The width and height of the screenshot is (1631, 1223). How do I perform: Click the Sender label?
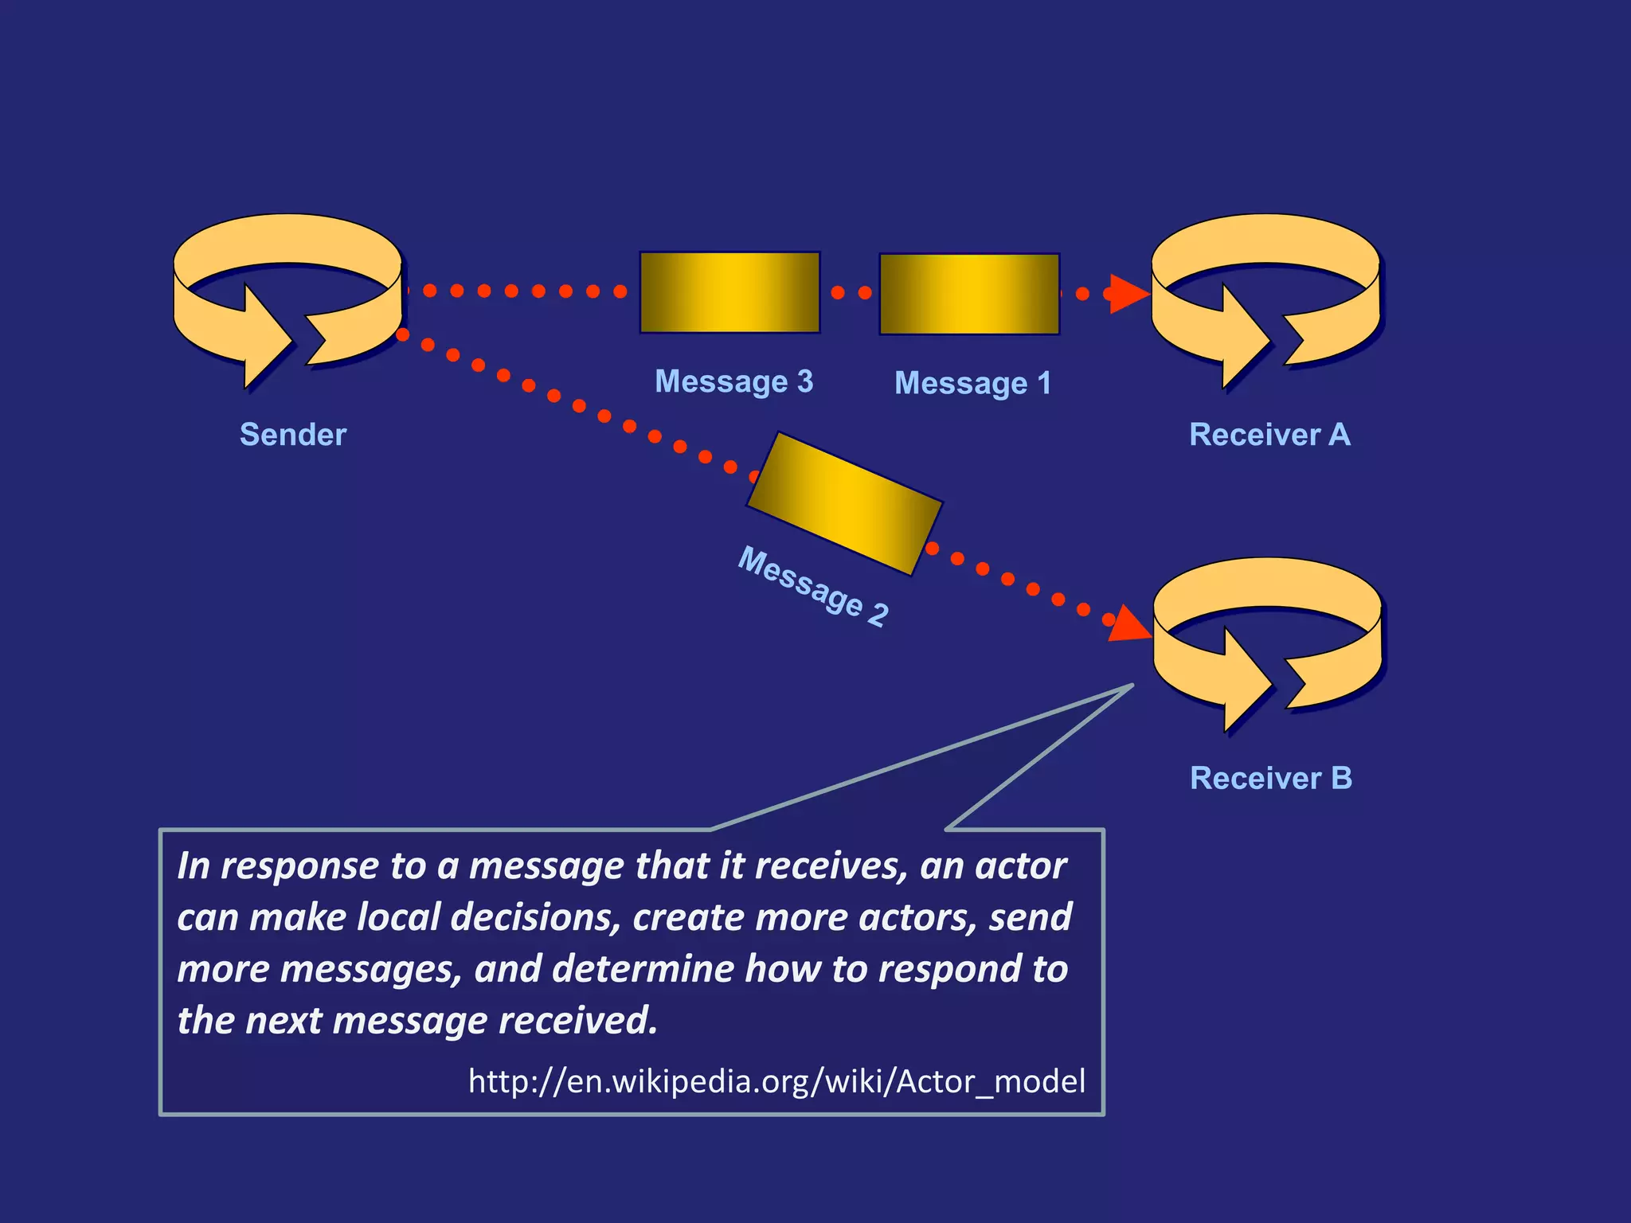click(x=293, y=435)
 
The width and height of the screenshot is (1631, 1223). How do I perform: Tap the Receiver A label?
click(x=1269, y=435)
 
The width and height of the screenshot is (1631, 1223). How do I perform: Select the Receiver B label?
click(x=1271, y=778)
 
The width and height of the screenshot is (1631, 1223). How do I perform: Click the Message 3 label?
click(x=733, y=381)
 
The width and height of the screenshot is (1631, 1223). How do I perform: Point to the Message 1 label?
click(x=972, y=384)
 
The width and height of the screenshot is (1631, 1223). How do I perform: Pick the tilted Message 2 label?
click(x=813, y=587)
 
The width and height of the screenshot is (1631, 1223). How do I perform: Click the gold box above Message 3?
click(x=729, y=292)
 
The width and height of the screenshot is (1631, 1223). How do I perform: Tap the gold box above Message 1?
click(x=969, y=294)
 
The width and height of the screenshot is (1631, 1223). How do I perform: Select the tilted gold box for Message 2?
click(x=844, y=503)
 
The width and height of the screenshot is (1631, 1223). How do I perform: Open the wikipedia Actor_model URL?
click(x=776, y=1081)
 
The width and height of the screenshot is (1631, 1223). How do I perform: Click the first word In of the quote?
click(x=194, y=865)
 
